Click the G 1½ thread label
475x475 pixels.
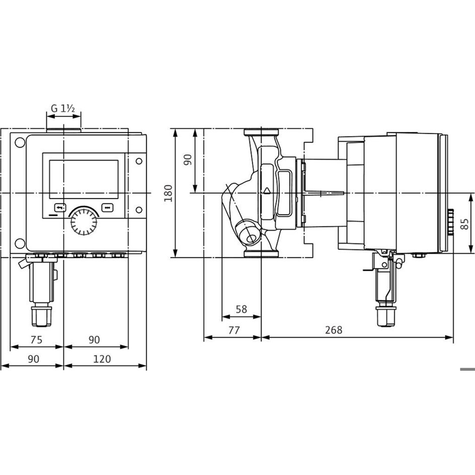63,108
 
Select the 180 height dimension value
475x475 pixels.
169,193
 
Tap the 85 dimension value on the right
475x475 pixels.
464,222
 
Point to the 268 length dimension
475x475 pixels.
333,330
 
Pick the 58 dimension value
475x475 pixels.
242,309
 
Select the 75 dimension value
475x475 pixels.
36,340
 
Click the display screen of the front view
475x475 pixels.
84,179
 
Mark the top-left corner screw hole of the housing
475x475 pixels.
19,142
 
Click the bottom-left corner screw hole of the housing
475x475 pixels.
19,244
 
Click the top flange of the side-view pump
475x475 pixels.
262,134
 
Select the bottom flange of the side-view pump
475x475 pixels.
262,253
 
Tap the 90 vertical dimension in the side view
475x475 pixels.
187,161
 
